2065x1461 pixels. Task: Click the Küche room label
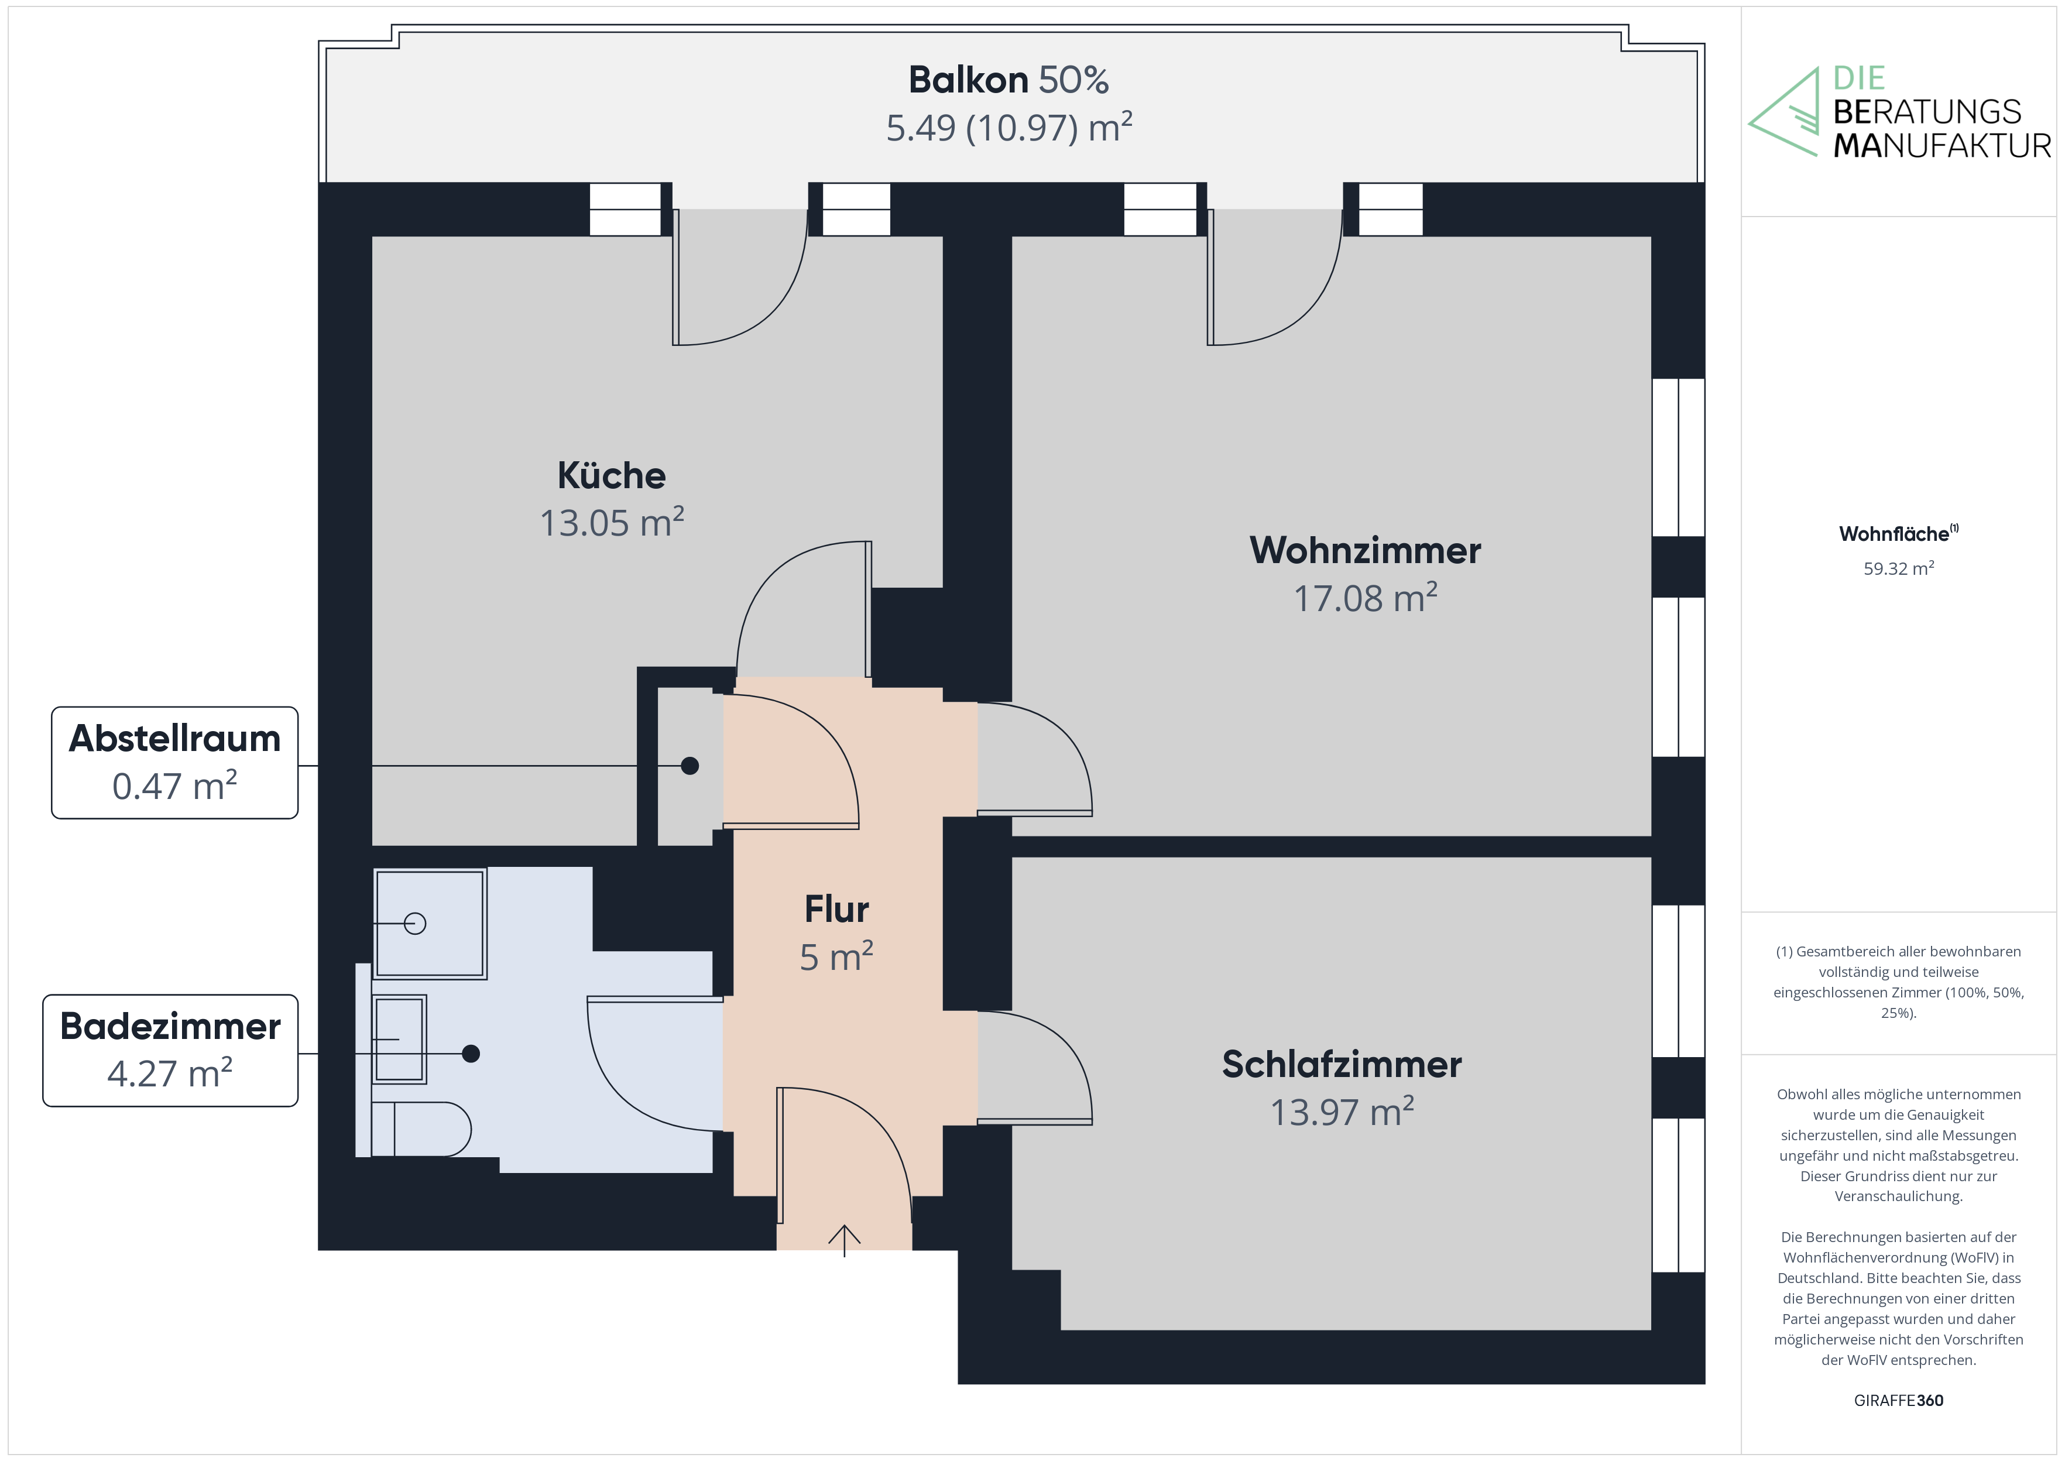(x=612, y=476)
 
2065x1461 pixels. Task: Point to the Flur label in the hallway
(x=836, y=910)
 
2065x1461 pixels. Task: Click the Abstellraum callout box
(x=174, y=762)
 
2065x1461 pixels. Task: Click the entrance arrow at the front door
(x=843, y=1239)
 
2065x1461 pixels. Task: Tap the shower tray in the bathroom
(x=430, y=923)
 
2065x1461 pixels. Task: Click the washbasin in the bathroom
(x=399, y=1039)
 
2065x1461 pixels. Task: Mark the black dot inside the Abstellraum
(x=690, y=766)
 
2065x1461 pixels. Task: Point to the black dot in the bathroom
(x=471, y=1054)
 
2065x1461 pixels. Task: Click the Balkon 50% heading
(x=1009, y=80)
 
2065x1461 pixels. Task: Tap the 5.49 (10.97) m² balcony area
(x=1009, y=128)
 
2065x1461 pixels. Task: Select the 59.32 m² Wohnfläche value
(x=1898, y=568)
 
